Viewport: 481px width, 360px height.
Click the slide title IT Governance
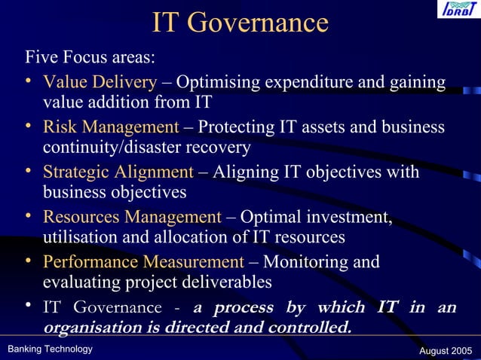240,23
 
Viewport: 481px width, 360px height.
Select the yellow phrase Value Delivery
100,82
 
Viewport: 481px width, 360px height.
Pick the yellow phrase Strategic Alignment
118,172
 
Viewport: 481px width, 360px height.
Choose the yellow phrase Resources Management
132,218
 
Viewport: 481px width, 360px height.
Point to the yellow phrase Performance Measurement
143,262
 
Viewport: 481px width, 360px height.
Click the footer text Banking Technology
50,349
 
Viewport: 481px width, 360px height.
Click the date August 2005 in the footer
444,350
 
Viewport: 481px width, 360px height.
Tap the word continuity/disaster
110,147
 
